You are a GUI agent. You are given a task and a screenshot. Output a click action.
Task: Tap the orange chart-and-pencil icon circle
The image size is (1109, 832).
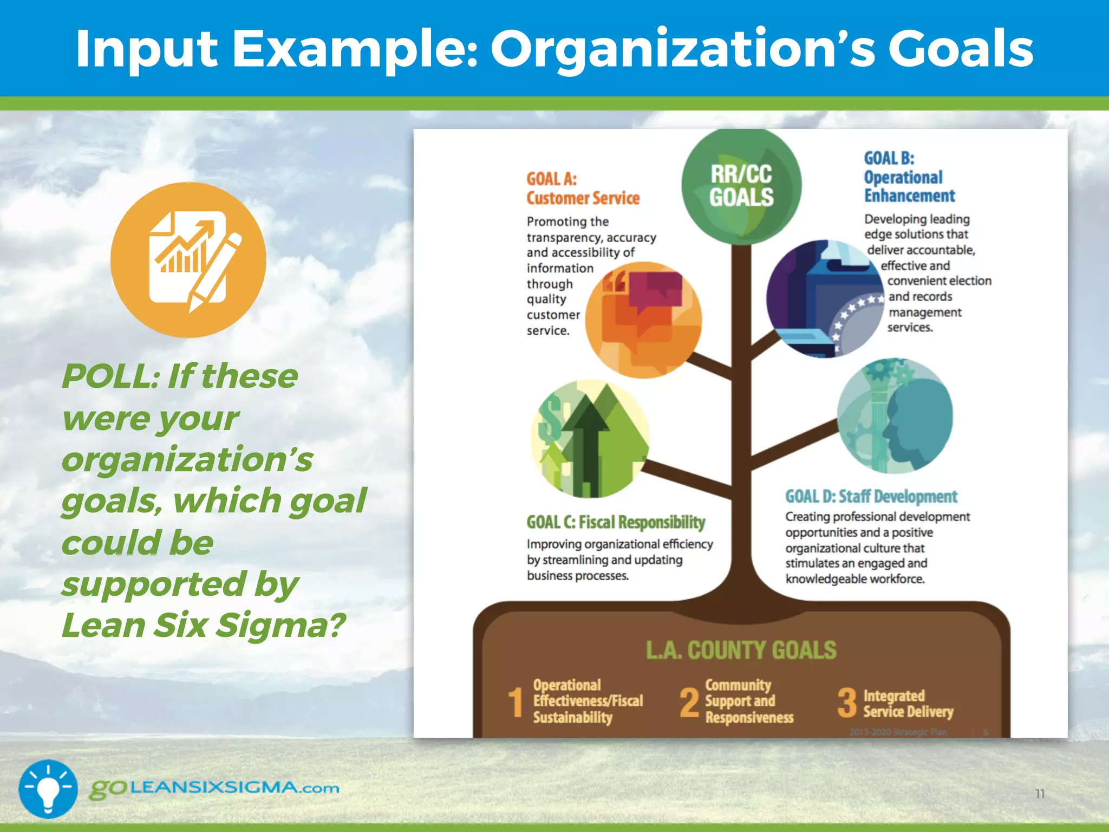188,260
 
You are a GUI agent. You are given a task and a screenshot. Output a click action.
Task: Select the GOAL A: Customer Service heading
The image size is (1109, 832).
583,188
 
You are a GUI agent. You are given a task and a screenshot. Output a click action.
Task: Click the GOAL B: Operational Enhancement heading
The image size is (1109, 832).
909,177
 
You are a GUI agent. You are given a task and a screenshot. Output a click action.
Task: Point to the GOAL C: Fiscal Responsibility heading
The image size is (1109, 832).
616,522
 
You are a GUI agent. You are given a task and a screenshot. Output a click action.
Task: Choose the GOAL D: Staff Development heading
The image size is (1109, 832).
871,496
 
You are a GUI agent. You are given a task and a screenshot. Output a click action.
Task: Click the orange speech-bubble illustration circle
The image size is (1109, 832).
644,320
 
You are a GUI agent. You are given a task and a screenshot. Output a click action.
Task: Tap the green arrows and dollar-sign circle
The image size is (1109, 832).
590,439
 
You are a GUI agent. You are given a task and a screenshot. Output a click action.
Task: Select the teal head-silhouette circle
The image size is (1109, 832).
895,416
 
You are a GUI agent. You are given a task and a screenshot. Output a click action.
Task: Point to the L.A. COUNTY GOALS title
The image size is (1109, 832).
741,650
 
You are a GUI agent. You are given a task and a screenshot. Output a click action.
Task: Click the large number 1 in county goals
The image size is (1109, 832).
516,702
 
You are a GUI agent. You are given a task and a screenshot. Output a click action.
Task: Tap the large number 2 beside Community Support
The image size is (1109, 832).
689,702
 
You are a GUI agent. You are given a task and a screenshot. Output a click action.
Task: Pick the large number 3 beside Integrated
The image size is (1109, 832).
847,702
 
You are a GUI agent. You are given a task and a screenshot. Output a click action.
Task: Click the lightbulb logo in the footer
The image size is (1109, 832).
48,789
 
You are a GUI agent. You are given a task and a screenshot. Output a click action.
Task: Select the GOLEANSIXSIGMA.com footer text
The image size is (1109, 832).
214,788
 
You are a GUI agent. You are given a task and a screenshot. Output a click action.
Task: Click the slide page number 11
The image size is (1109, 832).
1040,794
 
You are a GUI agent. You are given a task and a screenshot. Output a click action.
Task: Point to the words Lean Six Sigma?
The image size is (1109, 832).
204,626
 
